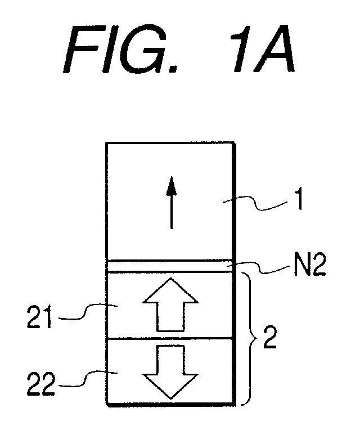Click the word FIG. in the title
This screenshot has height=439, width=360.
pos(121,50)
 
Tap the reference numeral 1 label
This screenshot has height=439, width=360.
pos(300,200)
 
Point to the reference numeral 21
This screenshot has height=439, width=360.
pos(39,317)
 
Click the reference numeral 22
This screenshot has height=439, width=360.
pos(40,384)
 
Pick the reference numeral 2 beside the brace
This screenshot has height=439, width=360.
pos(269,338)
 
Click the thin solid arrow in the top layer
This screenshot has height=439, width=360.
pos(171,203)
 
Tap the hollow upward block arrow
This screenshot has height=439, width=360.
pos(170,304)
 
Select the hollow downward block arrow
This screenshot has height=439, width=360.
pos(170,372)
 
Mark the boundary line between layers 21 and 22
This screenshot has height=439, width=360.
pos(170,338)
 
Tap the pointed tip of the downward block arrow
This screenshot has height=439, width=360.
pos(170,398)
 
